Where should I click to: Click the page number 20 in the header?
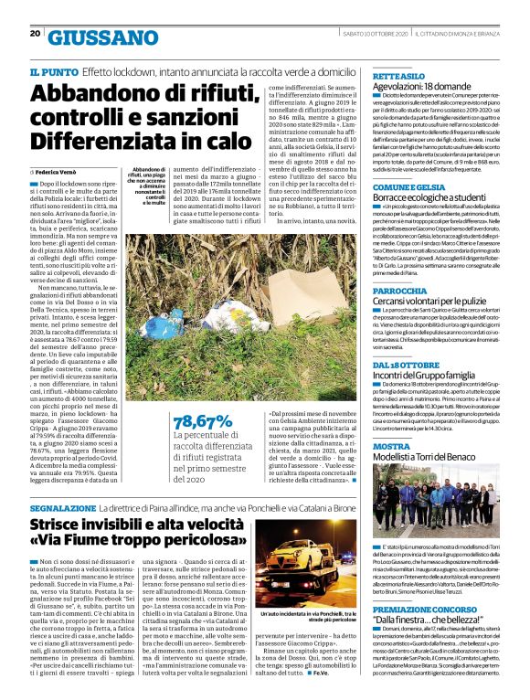(34, 33)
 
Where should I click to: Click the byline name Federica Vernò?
(57, 172)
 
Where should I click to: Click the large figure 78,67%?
(203, 422)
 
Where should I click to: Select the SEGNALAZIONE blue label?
(62, 505)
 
